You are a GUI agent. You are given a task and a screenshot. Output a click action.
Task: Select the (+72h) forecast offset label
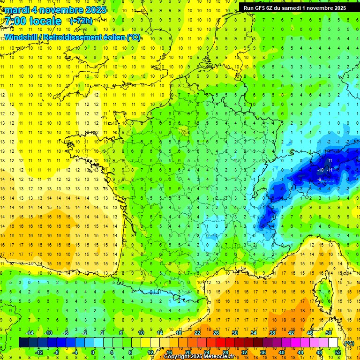coord(81,21)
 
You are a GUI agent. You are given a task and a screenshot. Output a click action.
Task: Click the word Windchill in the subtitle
coord(22,37)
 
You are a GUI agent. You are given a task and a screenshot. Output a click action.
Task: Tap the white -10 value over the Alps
coord(321,169)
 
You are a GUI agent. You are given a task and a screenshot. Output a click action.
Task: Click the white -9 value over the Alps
coord(319,179)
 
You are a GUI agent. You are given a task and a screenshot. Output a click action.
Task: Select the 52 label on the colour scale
coord(338,352)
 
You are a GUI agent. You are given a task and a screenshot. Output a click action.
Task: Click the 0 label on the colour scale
coord(92,352)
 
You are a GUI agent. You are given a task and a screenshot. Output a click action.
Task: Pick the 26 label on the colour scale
coord(216,333)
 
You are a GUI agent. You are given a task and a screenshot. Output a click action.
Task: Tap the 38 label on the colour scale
coord(272,333)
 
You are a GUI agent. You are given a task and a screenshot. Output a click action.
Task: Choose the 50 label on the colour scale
coord(329,333)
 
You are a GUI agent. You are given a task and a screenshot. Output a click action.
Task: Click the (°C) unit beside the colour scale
coord(349,343)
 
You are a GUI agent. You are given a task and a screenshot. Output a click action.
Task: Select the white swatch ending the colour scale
coord(333,343)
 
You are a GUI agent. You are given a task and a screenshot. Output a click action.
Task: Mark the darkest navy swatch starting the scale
coord(23,343)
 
